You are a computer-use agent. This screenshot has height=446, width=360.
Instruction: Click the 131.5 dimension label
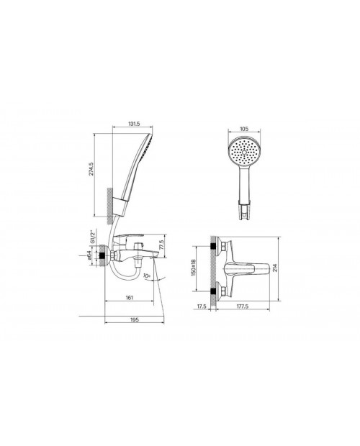coord(133,124)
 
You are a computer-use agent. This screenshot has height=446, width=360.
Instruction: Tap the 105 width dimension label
coord(244,129)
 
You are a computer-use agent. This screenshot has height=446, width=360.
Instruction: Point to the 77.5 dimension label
coord(162,245)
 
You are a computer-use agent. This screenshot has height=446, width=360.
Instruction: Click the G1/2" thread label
coord(91,237)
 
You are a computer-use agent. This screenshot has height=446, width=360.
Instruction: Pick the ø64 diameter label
coord(89,255)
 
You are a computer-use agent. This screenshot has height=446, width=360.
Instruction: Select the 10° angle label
coord(146,276)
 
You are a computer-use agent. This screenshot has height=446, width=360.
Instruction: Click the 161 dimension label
coord(129,298)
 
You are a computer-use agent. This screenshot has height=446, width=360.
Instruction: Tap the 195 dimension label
coord(135,319)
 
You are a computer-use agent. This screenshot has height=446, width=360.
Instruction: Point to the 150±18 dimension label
coord(194,268)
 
